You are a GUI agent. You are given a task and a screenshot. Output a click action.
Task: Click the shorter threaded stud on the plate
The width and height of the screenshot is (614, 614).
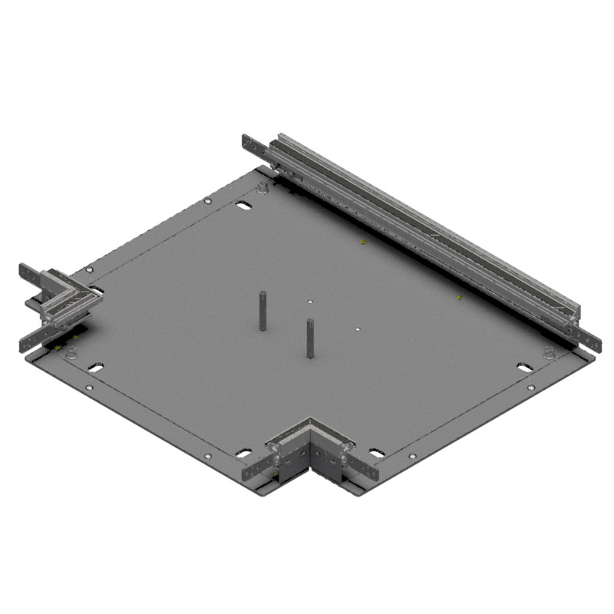click(262, 310)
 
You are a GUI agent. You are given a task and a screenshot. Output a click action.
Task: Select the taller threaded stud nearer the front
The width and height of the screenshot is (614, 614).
click(311, 338)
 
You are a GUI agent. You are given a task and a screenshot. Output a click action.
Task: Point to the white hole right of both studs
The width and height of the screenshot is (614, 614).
click(358, 330)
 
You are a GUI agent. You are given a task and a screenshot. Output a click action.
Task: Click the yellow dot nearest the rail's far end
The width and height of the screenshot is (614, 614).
click(362, 242)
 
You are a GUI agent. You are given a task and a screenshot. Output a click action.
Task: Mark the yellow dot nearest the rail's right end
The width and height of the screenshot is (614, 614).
click(459, 297)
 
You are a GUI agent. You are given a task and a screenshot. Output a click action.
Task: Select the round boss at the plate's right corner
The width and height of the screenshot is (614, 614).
click(549, 353)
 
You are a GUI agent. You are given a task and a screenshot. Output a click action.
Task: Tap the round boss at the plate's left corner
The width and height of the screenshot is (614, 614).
click(72, 353)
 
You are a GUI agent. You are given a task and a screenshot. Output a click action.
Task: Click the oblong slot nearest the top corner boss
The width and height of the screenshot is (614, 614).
click(242, 205)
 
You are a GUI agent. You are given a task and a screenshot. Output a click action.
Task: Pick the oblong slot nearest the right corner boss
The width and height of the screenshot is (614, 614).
click(525, 368)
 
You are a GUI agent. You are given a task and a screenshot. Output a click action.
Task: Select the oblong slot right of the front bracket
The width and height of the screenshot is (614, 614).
click(377, 453)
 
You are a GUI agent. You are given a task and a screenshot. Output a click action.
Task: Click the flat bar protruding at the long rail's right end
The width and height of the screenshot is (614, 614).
click(587, 338)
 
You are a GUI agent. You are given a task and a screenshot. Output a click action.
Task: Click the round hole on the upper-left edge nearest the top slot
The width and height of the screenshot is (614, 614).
click(207, 201)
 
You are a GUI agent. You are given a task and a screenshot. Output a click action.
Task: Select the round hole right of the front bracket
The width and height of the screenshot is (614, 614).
click(413, 457)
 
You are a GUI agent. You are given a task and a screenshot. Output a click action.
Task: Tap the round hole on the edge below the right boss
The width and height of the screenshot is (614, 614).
click(530, 388)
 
